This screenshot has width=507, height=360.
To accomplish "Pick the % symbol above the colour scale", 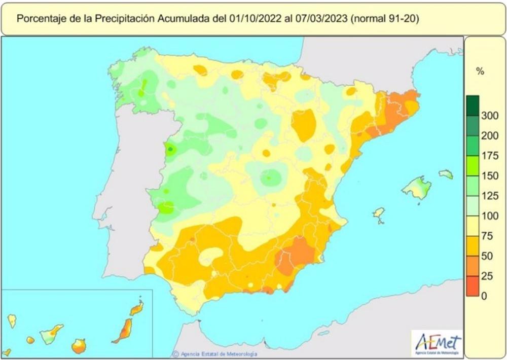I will (x=480, y=71).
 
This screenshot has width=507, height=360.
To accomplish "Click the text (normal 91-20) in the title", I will (x=384, y=19).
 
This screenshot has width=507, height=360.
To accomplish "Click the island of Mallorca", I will (x=417, y=187).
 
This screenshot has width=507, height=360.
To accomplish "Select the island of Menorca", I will (x=446, y=174).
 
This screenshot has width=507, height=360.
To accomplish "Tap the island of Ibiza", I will (x=378, y=213).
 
